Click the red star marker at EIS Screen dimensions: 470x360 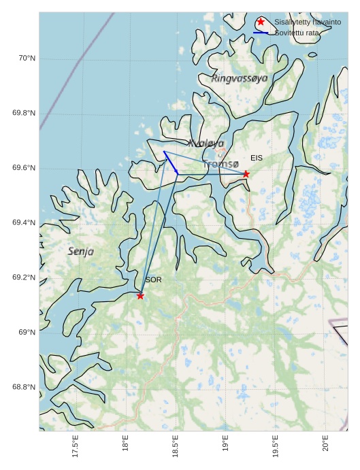click(246, 174)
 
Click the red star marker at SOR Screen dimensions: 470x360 click(140, 296)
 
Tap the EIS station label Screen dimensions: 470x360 click(257, 158)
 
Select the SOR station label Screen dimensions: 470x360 click(153, 280)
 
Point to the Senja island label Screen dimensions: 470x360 click(81, 252)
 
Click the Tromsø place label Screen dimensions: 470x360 click(220, 164)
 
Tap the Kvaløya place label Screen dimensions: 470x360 click(206, 144)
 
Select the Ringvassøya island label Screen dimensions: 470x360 click(240, 79)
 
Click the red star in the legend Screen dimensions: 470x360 click(261, 22)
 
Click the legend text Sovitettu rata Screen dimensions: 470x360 click(297, 33)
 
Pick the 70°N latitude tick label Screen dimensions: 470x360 click(27, 58)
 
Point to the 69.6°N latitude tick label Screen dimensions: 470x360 click(24, 168)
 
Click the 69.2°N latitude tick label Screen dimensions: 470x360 click(24, 278)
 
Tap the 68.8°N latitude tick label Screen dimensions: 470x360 click(24, 387)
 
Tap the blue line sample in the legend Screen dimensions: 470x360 click(261, 33)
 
